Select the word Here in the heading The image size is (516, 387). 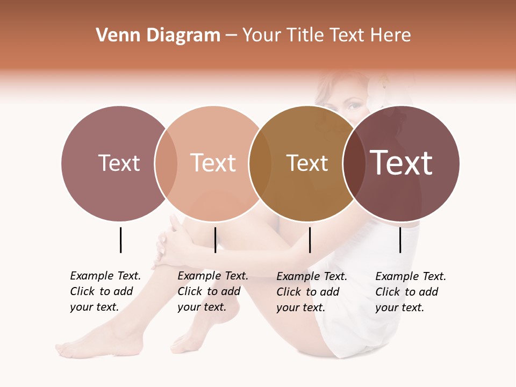point(391,35)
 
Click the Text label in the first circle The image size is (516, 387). point(119,163)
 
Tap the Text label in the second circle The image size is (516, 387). point(213,163)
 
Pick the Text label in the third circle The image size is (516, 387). point(307,163)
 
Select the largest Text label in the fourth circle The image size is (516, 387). point(402,163)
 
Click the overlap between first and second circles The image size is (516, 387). point(166,163)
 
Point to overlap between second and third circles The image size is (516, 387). point(260,163)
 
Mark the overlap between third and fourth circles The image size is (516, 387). point(354,163)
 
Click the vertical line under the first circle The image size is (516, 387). point(120,240)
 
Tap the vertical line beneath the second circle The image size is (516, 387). point(215,240)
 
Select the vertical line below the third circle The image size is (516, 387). point(310,240)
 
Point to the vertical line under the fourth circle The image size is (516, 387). point(400,240)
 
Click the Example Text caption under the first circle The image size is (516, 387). point(105,291)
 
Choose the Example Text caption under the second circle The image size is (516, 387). point(212,291)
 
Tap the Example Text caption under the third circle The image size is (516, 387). point(311,292)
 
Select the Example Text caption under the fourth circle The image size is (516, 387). point(410,292)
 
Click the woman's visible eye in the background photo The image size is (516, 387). point(353,106)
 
